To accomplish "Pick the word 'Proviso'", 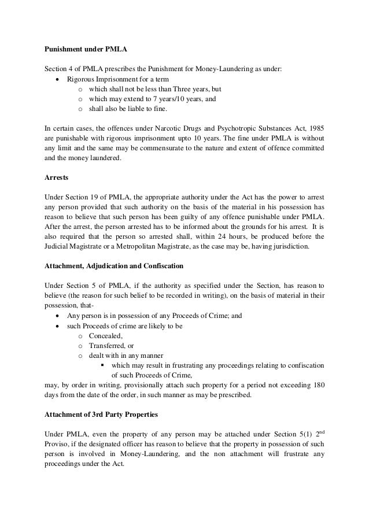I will tap(58, 444).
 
